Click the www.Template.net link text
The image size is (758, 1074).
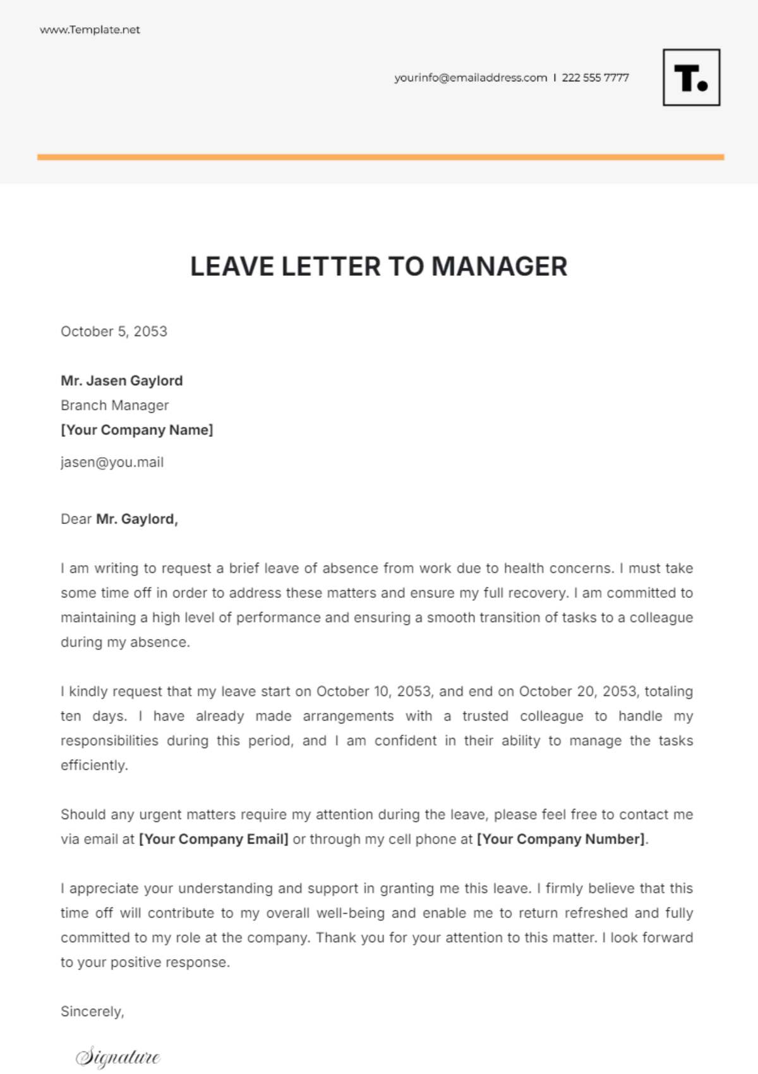click(90, 30)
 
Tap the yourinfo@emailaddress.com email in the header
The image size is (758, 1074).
click(471, 78)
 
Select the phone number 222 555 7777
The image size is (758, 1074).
click(595, 78)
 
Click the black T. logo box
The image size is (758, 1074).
click(691, 78)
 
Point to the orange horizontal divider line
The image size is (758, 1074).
click(380, 157)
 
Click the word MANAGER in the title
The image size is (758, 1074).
click(499, 266)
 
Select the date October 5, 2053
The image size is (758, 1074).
click(114, 331)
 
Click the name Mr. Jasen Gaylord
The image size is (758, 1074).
click(121, 381)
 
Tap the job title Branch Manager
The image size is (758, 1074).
click(114, 405)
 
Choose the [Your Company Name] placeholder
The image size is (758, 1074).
click(136, 430)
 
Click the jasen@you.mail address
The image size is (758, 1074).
click(112, 462)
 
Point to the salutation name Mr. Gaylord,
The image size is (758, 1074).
click(137, 519)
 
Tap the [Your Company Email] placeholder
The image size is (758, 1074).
click(214, 839)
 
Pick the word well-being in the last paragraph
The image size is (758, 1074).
click(350, 913)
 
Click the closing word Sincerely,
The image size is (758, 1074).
click(92, 1011)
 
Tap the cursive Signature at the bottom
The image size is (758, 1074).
click(118, 1057)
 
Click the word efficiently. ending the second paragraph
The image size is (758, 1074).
click(94, 765)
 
